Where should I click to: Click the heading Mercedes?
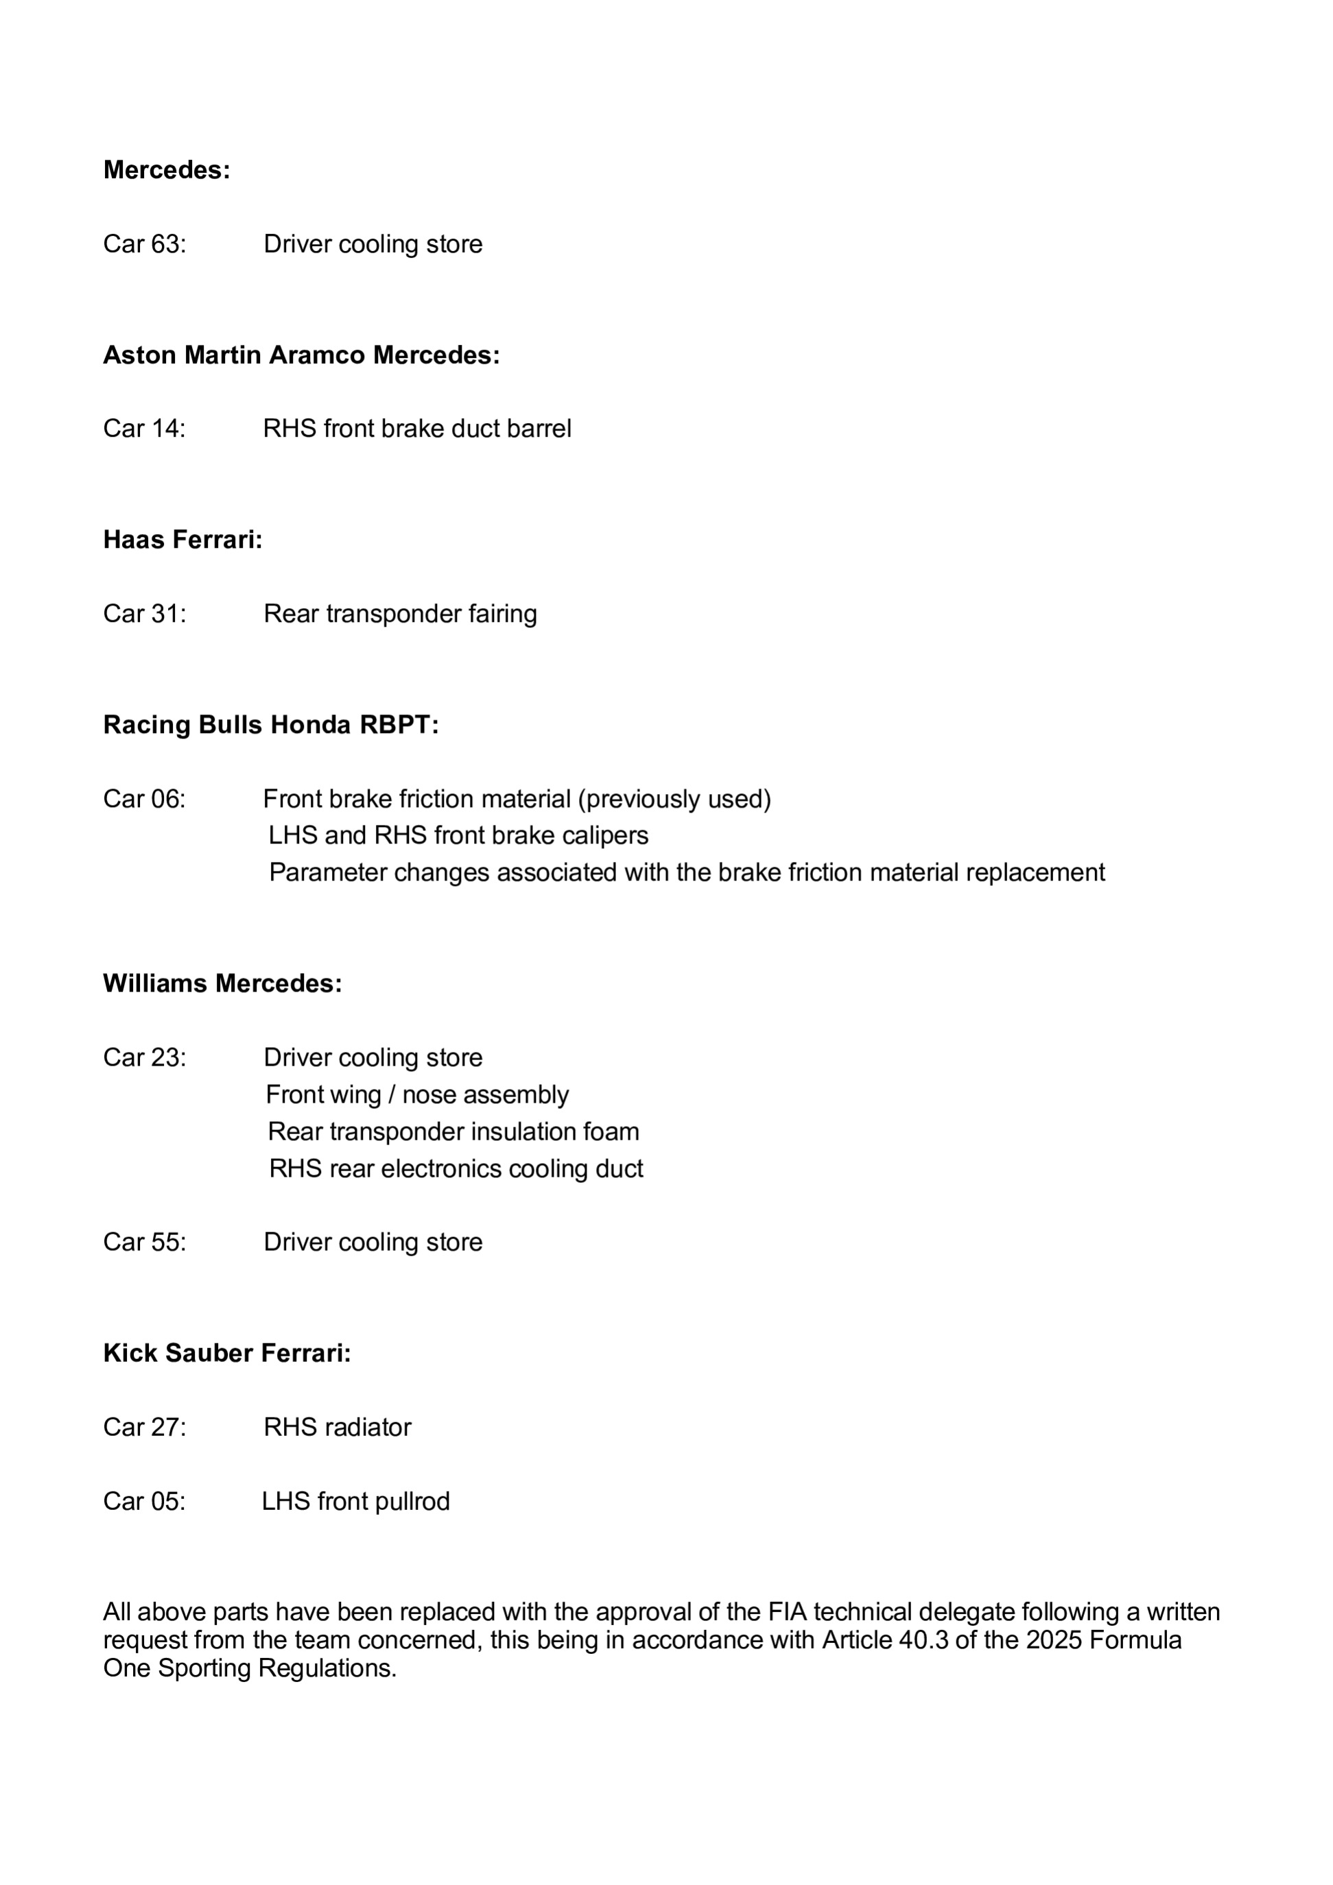click(x=167, y=170)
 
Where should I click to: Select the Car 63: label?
click(x=145, y=244)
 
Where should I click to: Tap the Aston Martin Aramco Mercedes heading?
click(x=300, y=355)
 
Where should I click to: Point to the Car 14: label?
click(x=145, y=429)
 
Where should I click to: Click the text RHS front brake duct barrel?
click(x=416, y=429)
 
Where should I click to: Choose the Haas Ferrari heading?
click(x=182, y=540)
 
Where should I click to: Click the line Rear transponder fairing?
click(x=400, y=613)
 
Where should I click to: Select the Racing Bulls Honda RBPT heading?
click(x=270, y=725)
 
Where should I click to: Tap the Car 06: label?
click(x=145, y=799)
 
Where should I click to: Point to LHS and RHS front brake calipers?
click(x=458, y=836)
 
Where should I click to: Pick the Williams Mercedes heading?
click(x=222, y=983)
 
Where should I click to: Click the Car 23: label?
click(x=145, y=1057)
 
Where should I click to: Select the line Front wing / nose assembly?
click(x=417, y=1095)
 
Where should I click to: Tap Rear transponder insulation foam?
click(x=453, y=1132)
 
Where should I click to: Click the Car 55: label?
click(x=145, y=1242)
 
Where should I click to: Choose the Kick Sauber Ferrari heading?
click(x=226, y=1353)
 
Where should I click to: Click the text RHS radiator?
click(x=337, y=1428)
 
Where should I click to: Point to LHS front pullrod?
click(x=355, y=1502)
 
